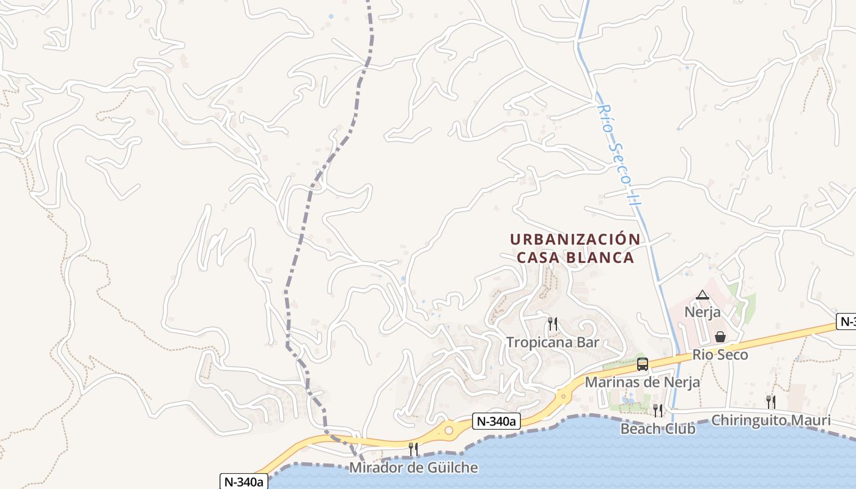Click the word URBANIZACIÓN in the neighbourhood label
[575, 239]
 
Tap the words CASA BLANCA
[575, 258]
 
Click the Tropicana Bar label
[553, 342]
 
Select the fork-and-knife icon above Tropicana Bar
[553, 324]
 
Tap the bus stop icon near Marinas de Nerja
[642, 364]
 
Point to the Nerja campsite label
[702, 312]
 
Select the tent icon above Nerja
[702, 295]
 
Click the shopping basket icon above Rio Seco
[720, 337]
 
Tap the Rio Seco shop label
[720, 355]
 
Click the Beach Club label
[658, 429]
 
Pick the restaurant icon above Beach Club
[658, 410]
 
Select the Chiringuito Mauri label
[771, 421]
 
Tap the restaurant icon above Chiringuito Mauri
[771, 402]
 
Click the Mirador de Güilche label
[413, 468]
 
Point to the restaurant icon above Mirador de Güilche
[413, 449]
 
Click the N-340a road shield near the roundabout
[496, 421]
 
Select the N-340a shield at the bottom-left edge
[244, 481]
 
